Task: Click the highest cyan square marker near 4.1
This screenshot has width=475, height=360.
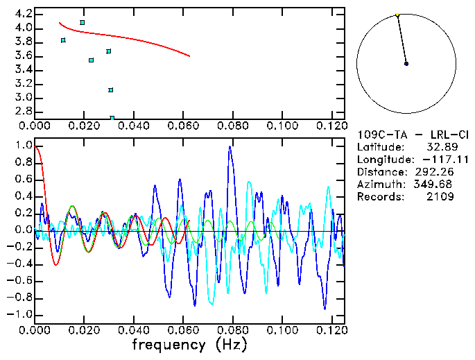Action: click(83, 23)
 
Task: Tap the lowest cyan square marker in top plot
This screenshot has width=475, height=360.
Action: click(112, 118)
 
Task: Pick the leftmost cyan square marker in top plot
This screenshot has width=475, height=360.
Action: click(63, 40)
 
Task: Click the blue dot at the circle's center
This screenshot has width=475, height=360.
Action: click(406, 64)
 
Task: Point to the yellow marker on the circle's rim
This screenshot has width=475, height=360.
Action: click(397, 15)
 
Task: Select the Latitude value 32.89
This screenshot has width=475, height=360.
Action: click(440, 147)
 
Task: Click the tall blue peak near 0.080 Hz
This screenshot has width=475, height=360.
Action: click(230, 147)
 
